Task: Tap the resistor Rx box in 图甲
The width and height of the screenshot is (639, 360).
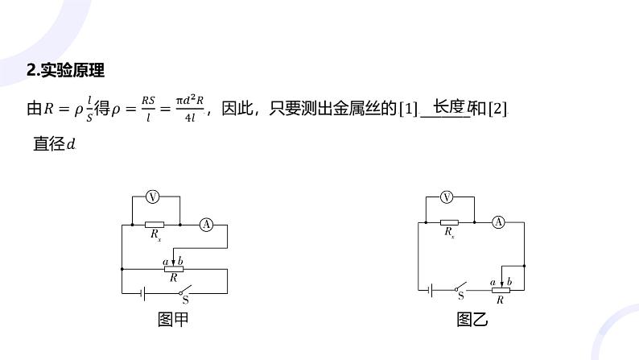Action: (x=155, y=225)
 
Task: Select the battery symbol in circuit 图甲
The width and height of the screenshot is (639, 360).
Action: (x=142, y=292)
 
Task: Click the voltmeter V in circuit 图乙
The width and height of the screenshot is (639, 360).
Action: (x=448, y=196)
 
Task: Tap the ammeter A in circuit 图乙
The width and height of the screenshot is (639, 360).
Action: (x=498, y=221)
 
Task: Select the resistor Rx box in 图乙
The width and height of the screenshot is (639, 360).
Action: (x=449, y=221)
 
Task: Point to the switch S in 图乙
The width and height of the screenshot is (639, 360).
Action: (x=461, y=288)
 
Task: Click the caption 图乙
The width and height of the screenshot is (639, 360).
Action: (x=472, y=320)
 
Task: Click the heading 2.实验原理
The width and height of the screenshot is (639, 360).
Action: (x=66, y=70)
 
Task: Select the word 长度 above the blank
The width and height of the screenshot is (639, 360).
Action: (x=447, y=106)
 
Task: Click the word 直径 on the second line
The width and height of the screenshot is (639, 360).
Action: (x=47, y=144)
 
